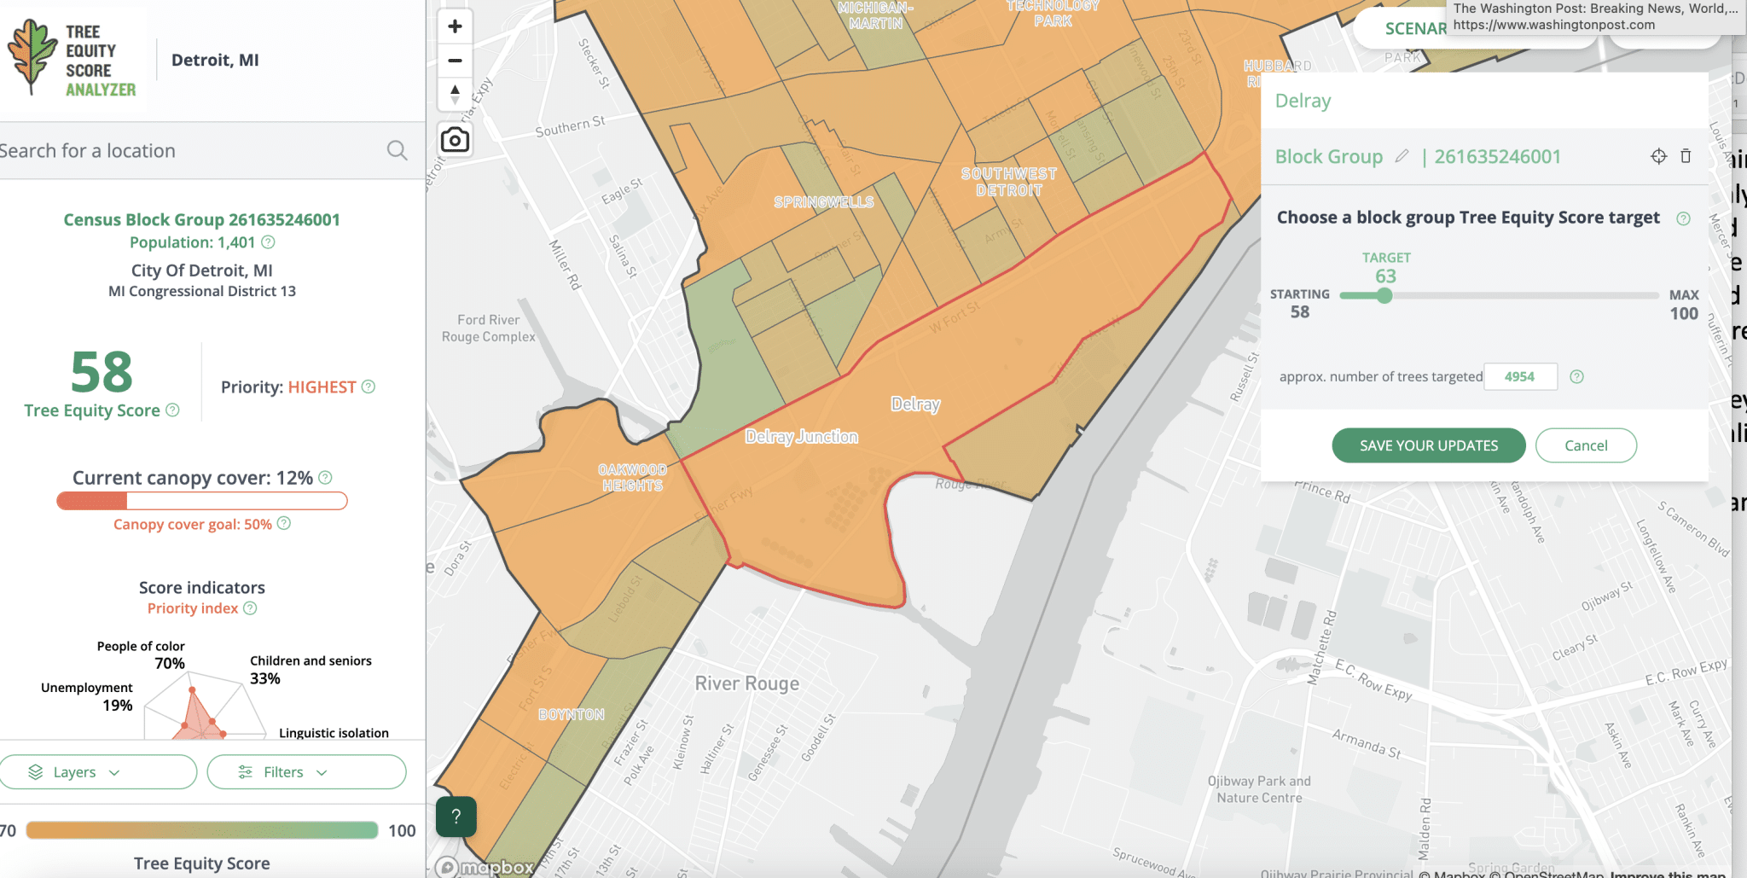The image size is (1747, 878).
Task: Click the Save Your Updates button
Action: (x=1428, y=445)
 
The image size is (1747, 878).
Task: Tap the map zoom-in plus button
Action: (x=455, y=26)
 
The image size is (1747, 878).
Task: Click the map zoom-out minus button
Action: (x=455, y=61)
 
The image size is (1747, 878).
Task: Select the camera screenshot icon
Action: (x=455, y=139)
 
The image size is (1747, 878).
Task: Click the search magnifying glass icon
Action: (x=397, y=151)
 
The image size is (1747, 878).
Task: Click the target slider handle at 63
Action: (x=1384, y=296)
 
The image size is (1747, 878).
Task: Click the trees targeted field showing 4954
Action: (x=1520, y=376)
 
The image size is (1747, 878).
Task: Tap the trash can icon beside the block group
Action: (x=1686, y=156)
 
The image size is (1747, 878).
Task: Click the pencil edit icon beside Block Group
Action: (x=1402, y=156)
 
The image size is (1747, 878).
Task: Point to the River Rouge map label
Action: (x=746, y=683)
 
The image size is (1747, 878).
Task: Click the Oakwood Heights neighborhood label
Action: (x=632, y=478)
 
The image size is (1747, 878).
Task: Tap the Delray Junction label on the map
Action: (x=801, y=437)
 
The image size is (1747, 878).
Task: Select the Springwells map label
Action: (x=823, y=202)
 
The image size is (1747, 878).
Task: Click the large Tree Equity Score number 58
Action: (x=102, y=372)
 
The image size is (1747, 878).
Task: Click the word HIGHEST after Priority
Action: (x=322, y=387)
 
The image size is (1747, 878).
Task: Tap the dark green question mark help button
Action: (x=456, y=817)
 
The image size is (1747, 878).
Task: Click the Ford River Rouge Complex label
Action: (x=488, y=329)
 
